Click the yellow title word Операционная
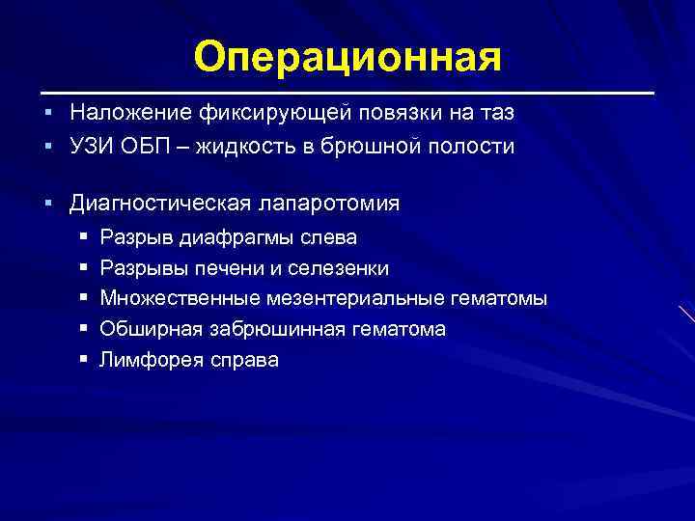[x=347, y=57]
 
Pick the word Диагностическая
[x=161, y=205]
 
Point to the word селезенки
[x=339, y=268]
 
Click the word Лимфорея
[x=148, y=361]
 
